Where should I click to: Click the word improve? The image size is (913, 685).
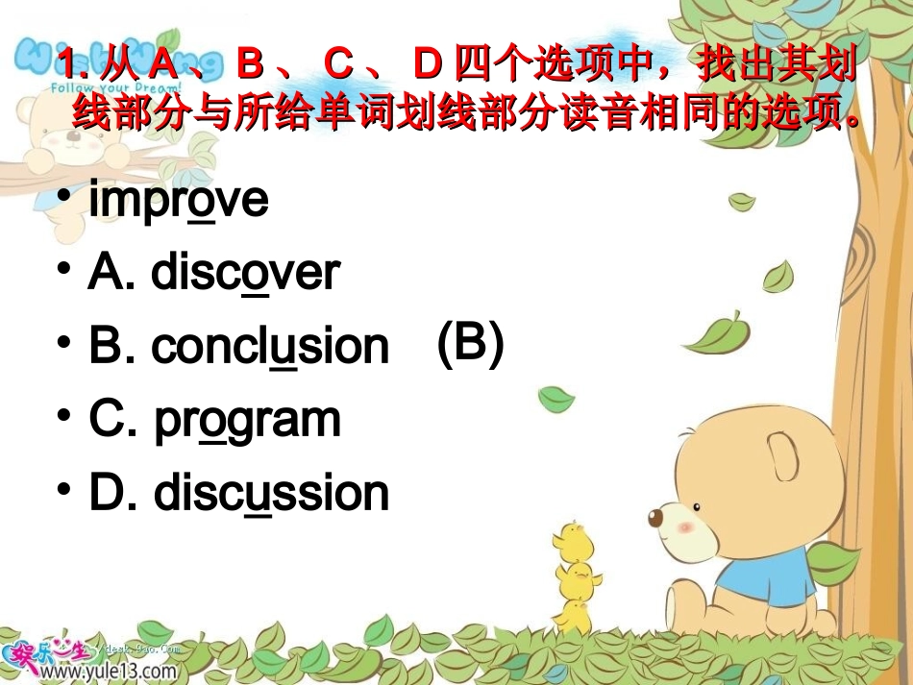pyautogui.click(x=178, y=201)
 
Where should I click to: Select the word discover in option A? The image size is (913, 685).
pyautogui.click(x=245, y=274)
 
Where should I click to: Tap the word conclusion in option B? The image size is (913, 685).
pyautogui.click(x=270, y=347)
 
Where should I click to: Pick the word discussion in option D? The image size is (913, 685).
pyautogui.click(x=271, y=494)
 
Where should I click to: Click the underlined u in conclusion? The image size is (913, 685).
pyautogui.click(x=283, y=349)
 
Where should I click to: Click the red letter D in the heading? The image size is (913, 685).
pyautogui.click(x=427, y=67)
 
